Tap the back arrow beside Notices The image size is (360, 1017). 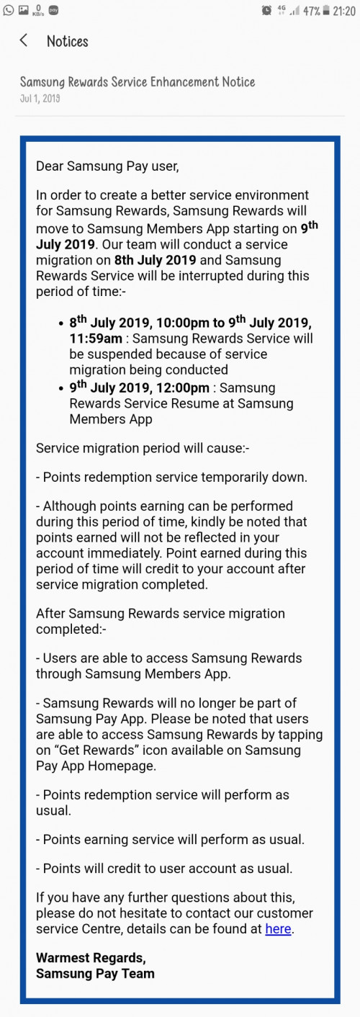tap(24, 40)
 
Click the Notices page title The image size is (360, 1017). tap(68, 41)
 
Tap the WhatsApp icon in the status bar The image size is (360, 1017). tap(8, 9)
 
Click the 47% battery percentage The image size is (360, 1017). tap(312, 11)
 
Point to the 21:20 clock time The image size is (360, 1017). tap(343, 11)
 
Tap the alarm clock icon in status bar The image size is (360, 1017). tap(267, 10)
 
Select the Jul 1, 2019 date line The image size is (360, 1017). tap(40, 99)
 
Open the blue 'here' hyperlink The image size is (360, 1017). tap(278, 928)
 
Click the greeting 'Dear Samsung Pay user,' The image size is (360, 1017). tap(107, 166)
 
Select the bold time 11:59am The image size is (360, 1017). tap(96, 339)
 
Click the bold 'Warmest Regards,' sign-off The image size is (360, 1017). tap(91, 958)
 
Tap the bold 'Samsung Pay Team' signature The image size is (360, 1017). tap(95, 973)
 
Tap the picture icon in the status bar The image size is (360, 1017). tap(24, 9)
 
